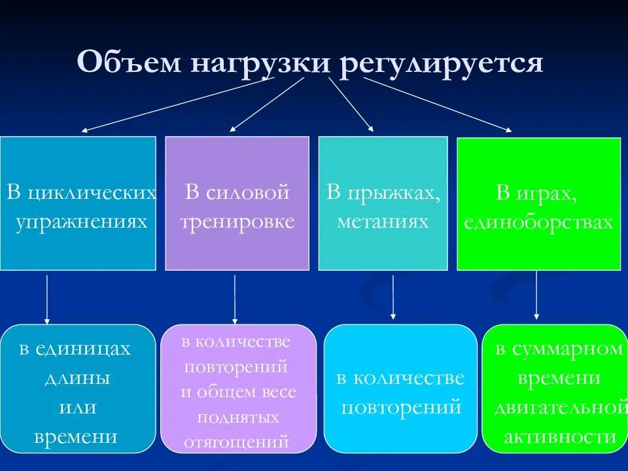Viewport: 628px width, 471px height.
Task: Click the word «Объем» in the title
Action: (x=128, y=63)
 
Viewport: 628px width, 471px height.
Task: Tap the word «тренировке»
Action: (x=237, y=221)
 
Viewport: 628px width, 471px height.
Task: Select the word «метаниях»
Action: (x=383, y=221)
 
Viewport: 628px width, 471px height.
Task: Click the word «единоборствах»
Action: (x=538, y=222)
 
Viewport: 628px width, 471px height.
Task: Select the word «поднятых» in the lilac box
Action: (x=238, y=417)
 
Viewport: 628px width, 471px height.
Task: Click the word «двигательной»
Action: (x=557, y=408)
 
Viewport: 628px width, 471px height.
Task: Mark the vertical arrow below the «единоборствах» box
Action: (x=536, y=295)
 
